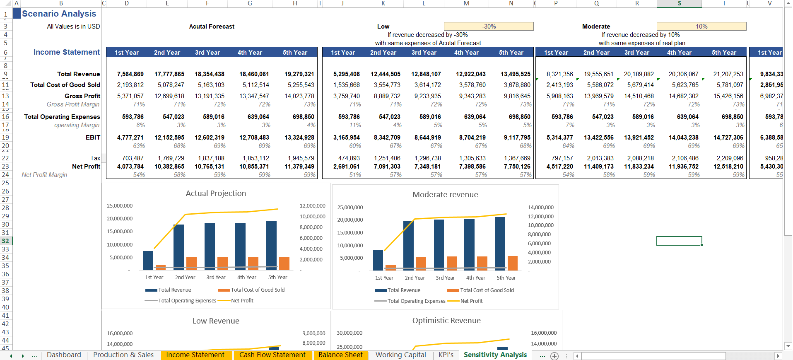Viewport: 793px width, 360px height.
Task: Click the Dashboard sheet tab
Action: pyautogui.click(x=64, y=355)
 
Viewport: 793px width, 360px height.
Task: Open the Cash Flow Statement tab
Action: pyautogui.click(x=272, y=355)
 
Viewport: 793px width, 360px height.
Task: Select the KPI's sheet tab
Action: pyautogui.click(x=446, y=355)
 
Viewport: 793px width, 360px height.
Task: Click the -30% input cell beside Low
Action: pyautogui.click(x=489, y=27)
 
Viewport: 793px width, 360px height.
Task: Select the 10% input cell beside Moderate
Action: pyautogui.click(x=701, y=27)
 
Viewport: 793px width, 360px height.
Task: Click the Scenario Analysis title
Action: pyautogui.click(x=59, y=14)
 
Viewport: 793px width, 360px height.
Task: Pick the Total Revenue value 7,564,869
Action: pyautogui.click(x=130, y=74)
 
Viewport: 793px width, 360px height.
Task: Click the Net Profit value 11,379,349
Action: pyautogui.click(x=299, y=167)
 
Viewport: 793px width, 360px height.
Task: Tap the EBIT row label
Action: pyautogui.click(x=93, y=138)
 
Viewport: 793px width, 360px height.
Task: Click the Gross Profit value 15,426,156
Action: pyautogui.click(x=728, y=96)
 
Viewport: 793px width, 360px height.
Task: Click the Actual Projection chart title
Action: pyautogui.click(x=216, y=193)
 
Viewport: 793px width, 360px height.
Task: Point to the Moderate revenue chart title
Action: pyautogui.click(x=445, y=195)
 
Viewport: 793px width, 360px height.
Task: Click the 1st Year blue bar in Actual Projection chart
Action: pyautogui.click(x=148, y=261)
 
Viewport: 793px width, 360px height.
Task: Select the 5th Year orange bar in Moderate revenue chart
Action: pyautogui.click(x=512, y=263)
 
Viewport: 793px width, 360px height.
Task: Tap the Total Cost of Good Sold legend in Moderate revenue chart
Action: pyautogui.click(x=487, y=290)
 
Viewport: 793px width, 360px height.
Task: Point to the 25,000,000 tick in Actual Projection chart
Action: pyautogui.click(x=120, y=206)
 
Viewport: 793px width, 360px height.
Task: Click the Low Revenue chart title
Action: pyautogui.click(x=216, y=321)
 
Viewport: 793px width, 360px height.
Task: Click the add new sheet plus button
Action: pyautogui.click(x=554, y=356)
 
